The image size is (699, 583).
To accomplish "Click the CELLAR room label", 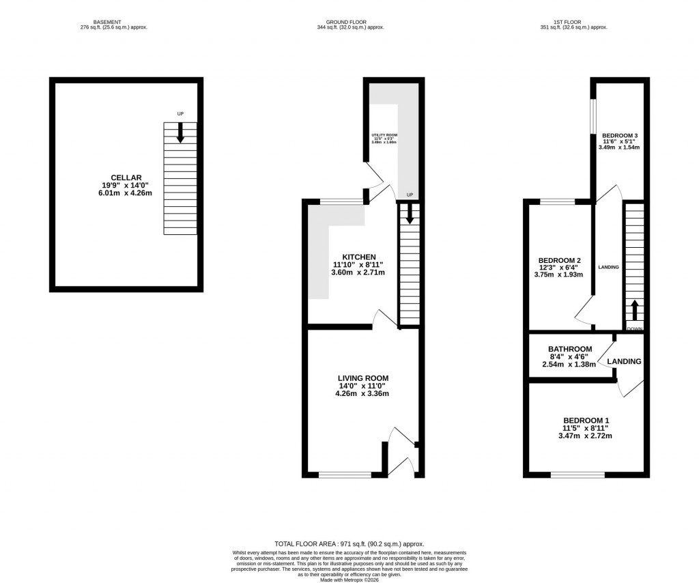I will tap(126, 177).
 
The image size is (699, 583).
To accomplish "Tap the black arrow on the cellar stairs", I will tap(180, 132).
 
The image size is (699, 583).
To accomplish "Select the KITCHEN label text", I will tap(358, 257).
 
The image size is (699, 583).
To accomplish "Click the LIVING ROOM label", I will tap(363, 378).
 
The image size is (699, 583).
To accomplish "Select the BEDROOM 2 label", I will tap(560, 260).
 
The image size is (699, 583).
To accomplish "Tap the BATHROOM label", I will tap(570, 349).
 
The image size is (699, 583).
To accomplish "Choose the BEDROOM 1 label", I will tap(586, 421).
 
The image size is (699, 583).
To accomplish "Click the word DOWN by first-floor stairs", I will tap(635, 329).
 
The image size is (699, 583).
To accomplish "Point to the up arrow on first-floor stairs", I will tap(634, 311).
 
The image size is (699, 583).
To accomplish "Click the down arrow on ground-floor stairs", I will tap(409, 214).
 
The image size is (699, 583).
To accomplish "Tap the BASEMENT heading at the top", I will tap(114, 22).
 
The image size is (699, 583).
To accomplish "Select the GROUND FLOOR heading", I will tap(350, 22).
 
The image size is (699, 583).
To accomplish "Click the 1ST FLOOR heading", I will tap(573, 22).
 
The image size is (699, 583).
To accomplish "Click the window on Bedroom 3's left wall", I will tap(593, 119).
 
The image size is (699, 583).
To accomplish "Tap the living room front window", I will tap(345, 475).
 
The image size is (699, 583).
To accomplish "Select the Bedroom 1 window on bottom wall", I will tap(577, 475).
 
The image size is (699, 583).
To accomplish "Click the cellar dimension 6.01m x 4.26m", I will tap(126, 194).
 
